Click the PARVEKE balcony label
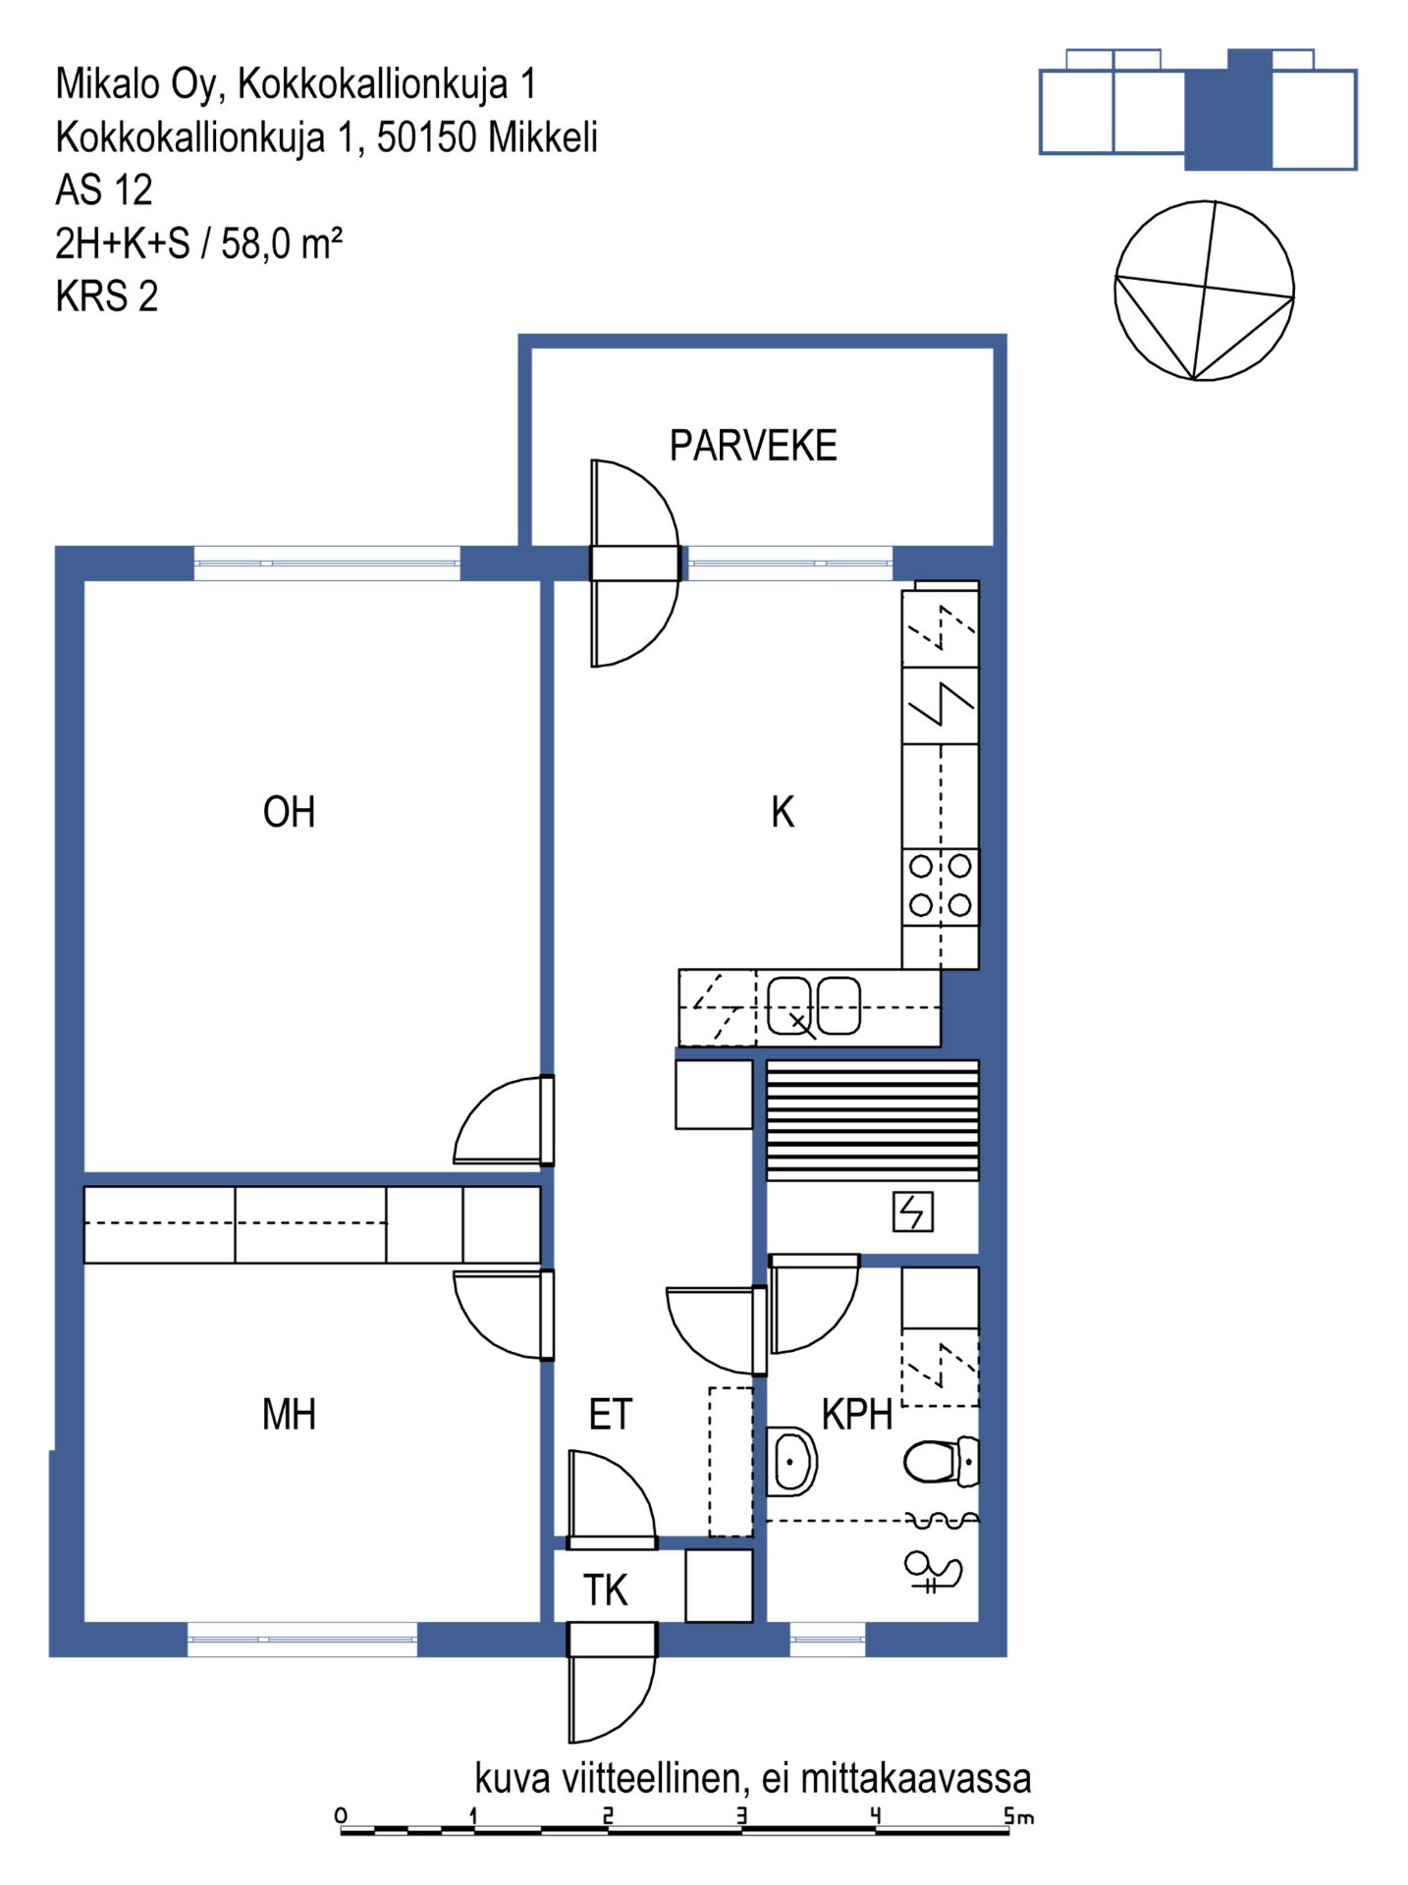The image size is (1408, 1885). click(x=753, y=446)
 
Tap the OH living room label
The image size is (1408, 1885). click(x=289, y=812)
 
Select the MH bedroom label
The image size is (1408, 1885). click(x=289, y=1415)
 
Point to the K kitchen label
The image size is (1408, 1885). click(x=783, y=812)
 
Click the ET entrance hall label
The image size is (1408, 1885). click(x=610, y=1415)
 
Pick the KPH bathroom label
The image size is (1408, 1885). click(x=857, y=1415)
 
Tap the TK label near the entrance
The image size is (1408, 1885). click(x=605, y=1590)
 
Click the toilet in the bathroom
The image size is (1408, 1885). click(x=941, y=1461)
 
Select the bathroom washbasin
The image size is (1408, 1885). click(x=791, y=1461)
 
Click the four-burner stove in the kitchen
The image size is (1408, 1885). click(x=941, y=886)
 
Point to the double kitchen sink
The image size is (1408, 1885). click(x=814, y=1006)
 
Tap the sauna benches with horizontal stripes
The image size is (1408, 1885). click(x=873, y=1120)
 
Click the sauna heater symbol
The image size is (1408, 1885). click(x=913, y=1212)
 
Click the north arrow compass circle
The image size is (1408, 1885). click(x=1204, y=291)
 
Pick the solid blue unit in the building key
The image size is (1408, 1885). click(x=1229, y=110)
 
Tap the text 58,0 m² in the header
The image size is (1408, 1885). click(x=282, y=243)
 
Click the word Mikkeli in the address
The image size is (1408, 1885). click(x=543, y=137)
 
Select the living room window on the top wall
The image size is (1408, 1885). click(x=327, y=563)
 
